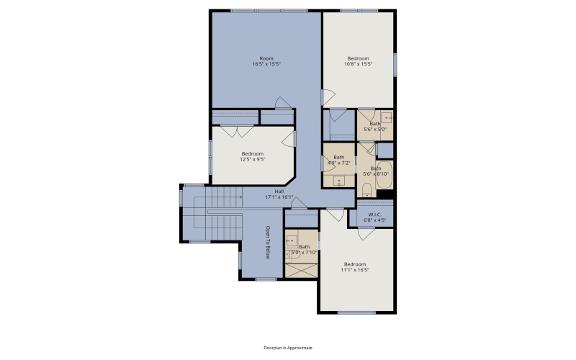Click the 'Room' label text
[266, 58]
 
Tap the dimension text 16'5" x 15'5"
[266, 65]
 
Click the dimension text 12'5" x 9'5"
[252, 160]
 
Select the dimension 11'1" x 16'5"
[355, 270]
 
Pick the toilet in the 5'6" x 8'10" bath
[366, 190]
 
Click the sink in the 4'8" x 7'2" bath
[338, 181]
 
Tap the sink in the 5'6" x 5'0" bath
[387, 117]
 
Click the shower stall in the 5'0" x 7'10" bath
[301, 269]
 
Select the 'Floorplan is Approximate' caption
[288, 347]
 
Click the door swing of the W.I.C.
[366, 233]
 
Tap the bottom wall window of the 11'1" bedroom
[356, 312]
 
